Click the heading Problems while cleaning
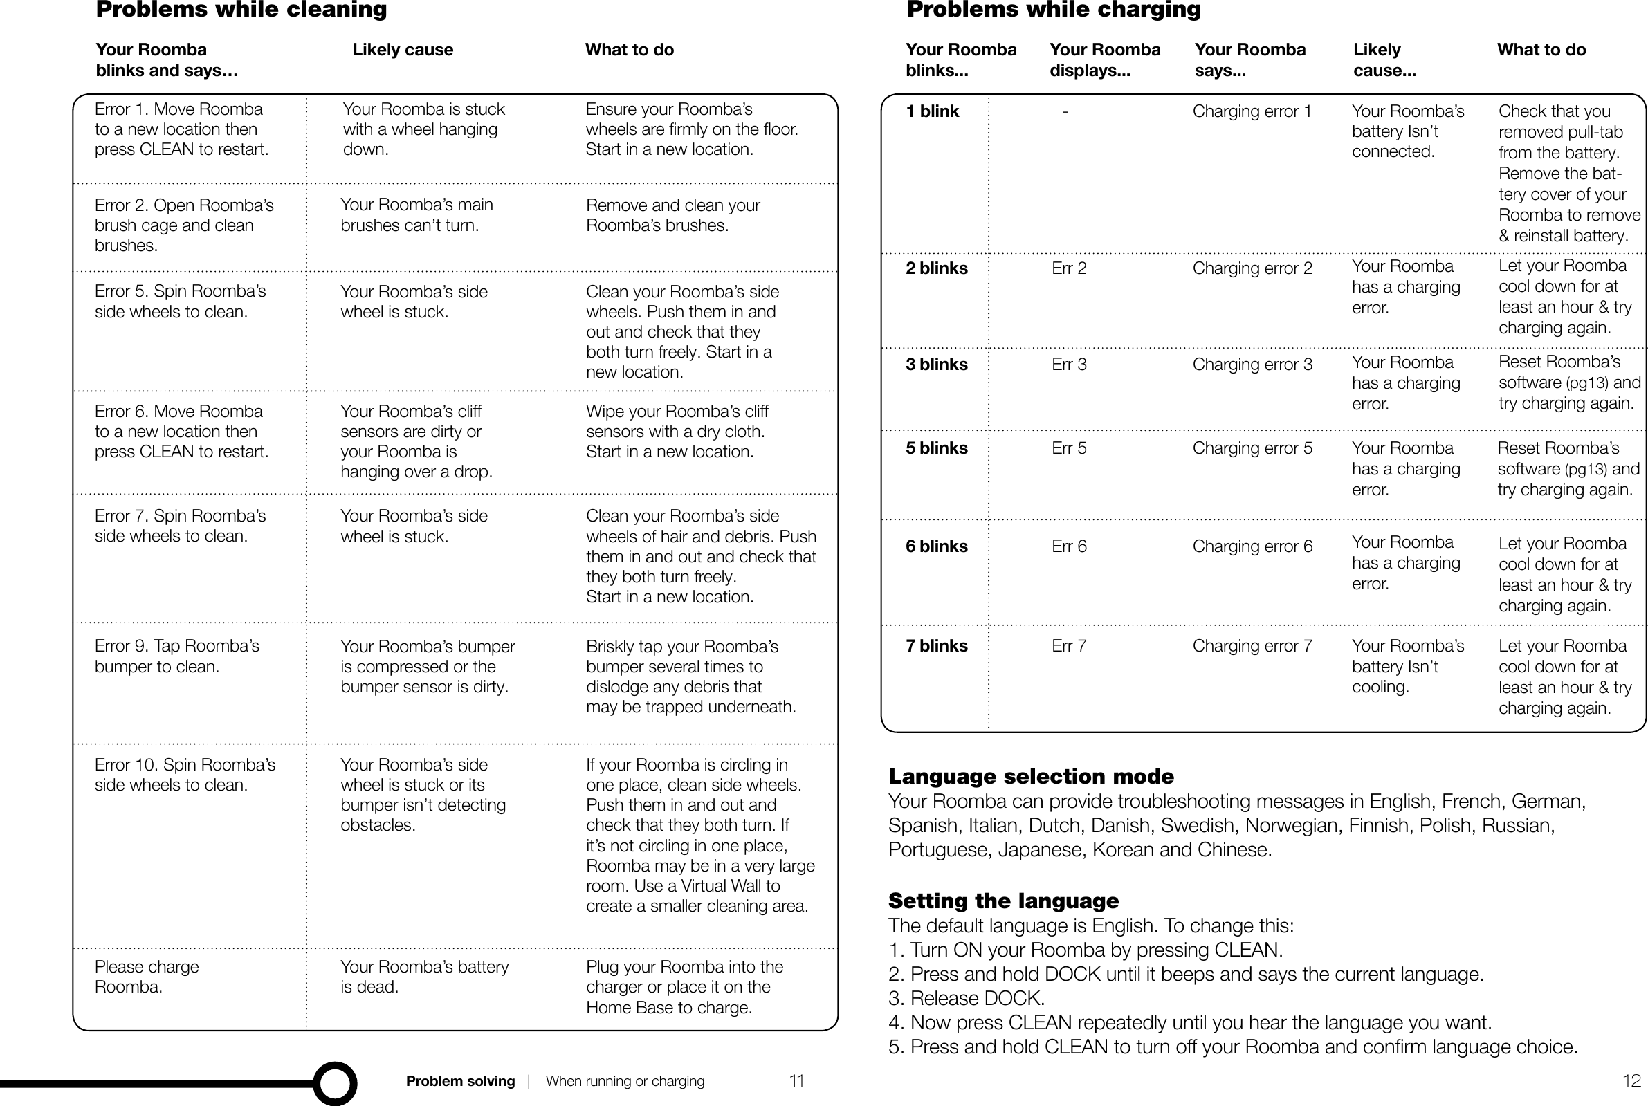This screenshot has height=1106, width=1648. point(241,10)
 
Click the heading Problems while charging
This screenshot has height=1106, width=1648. point(1053,10)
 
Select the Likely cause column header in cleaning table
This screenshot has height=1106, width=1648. point(403,50)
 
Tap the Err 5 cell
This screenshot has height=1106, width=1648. point(1069,449)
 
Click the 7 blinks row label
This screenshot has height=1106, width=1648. point(936,646)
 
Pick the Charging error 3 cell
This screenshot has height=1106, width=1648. point(1252,365)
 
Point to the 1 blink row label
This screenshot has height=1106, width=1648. point(932,111)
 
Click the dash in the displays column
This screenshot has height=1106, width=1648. point(1065,111)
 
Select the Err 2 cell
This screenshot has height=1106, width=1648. point(1069,269)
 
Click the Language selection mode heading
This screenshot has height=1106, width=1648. point(1031,777)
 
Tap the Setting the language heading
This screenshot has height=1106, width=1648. point(1003,901)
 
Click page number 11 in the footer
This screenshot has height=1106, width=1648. point(796,1080)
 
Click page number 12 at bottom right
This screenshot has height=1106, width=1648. point(1631,1080)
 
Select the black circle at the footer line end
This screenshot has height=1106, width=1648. point(334,1082)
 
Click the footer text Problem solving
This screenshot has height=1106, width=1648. point(460,1081)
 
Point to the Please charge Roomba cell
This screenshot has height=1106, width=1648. point(147,977)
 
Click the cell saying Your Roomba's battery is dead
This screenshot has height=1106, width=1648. point(424,977)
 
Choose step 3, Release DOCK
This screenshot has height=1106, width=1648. point(967,999)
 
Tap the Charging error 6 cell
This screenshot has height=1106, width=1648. point(1252,546)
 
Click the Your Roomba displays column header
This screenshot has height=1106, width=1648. point(1104,60)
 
